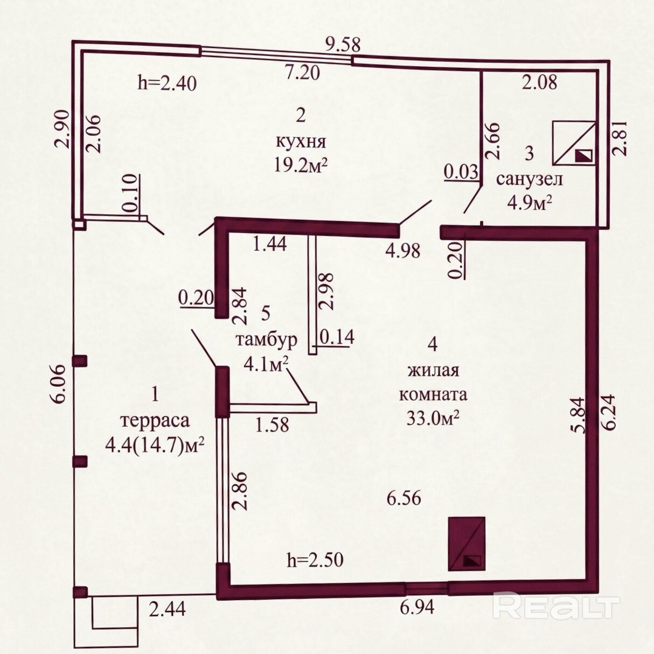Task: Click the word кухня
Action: [301, 143]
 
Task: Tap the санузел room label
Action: [530, 179]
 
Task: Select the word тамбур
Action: [266, 340]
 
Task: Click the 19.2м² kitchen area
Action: [301, 166]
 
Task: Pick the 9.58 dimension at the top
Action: [343, 44]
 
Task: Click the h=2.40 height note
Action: [167, 83]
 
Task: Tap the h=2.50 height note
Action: [315, 560]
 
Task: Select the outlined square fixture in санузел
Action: [574, 143]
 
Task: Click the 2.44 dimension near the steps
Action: [168, 617]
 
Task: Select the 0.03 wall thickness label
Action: [461, 172]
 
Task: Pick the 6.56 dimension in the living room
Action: [404, 498]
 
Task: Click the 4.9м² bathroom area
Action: [530, 203]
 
